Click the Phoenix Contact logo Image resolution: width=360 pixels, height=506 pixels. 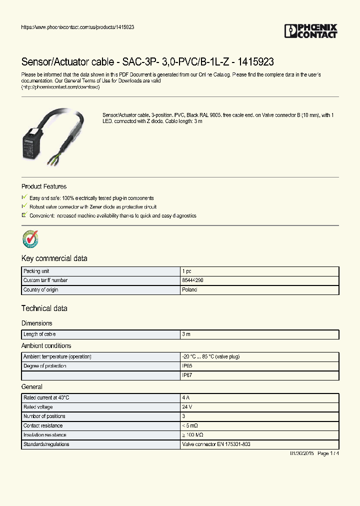(x=310, y=31)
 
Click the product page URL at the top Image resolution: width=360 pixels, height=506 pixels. (x=77, y=27)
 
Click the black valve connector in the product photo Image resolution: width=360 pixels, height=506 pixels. (x=33, y=138)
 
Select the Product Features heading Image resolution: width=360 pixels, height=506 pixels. (x=44, y=186)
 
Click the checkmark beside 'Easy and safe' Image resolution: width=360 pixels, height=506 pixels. (x=24, y=198)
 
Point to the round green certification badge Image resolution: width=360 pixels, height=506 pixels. (x=30, y=239)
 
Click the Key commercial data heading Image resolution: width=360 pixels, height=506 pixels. (x=54, y=258)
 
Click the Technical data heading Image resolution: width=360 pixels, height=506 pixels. (x=44, y=308)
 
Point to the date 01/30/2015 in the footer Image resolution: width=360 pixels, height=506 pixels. (x=302, y=453)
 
